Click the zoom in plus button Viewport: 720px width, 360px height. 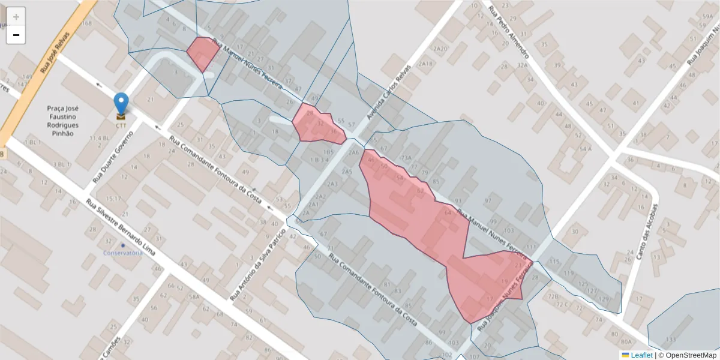pyautogui.click(x=16, y=16)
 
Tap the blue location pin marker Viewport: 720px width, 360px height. pyautogui.click(x=121, y=103)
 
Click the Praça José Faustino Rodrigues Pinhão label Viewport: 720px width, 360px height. pyautogui.click(x=63, y=121)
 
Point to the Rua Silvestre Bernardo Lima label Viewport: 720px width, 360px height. pyautogui.click(x=120, y=228)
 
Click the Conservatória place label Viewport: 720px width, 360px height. pyautogui.click(x=122, y=253)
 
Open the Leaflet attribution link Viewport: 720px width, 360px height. pyautogui.click(x=641, y=355)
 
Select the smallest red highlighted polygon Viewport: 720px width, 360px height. pyautogui.click(x=202, y=53)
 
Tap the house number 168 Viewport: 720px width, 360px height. pyautogui.click(x=87, y=23)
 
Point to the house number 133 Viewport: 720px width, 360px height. pyautogui.click(x=670, y=340)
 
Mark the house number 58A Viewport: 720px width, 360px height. pyautogui.click(x=194, y=296)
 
